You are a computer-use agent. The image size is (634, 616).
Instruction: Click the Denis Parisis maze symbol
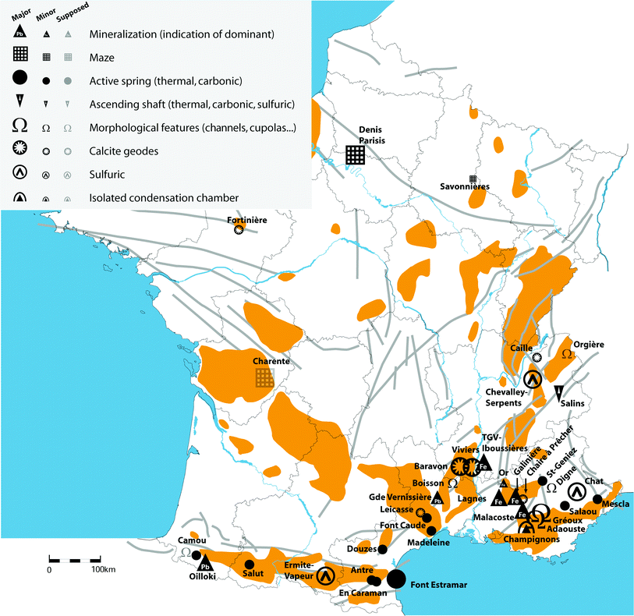[x=356, y=154]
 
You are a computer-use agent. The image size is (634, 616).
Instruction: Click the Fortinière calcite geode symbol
[x=239, y=231]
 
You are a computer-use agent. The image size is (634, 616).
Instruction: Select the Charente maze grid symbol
[x=265, y=378]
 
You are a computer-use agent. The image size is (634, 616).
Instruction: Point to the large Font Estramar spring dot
[x=396, y=579]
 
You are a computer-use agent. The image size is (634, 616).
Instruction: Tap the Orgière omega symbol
[x=567, y=355]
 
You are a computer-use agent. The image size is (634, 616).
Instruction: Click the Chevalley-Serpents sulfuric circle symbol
[x=532, y=380]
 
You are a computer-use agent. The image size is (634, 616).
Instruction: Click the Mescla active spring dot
[x=597, y=499]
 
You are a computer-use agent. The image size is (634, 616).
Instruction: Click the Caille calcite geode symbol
[x=536, y=356]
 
